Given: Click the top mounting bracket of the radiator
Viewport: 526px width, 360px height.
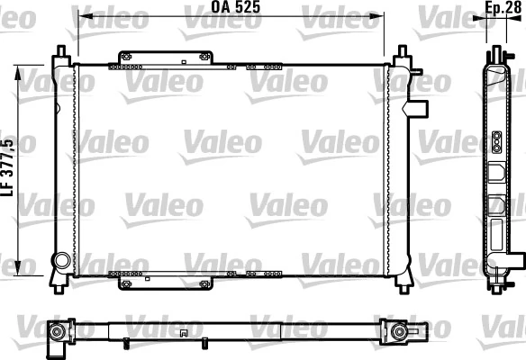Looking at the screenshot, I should tap(162, 58).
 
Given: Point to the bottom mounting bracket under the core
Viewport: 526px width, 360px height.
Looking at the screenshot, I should tap(166, 280).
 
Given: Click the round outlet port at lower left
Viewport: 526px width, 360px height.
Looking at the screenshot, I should tap(61, 261).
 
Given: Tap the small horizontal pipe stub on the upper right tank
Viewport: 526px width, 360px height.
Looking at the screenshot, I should tap(419, 109).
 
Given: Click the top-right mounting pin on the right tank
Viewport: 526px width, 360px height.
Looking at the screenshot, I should tap(402, 50).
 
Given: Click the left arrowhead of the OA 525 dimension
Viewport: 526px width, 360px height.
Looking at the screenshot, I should tap(81, 16).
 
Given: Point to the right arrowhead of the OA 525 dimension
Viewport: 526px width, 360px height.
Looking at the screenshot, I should tap(380, 16).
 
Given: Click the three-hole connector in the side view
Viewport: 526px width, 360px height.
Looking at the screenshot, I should tap(495, 140).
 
